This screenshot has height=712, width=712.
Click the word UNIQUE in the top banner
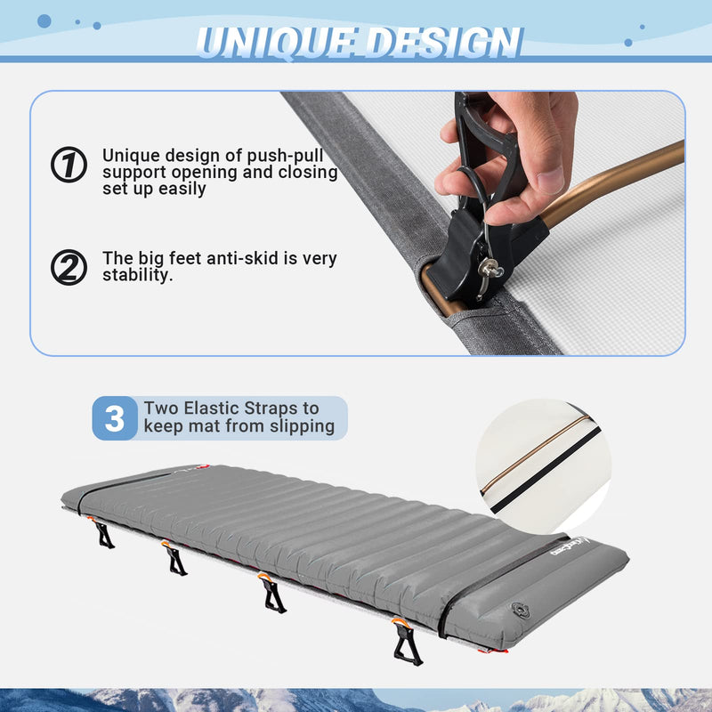click(271, 43)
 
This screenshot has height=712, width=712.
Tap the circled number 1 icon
click(69, 165)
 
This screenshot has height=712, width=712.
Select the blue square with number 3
click(115, 418)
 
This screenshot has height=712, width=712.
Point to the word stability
click(138, 276)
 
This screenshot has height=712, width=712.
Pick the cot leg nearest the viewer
click(407, 643)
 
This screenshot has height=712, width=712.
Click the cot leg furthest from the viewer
click(104, 534)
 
